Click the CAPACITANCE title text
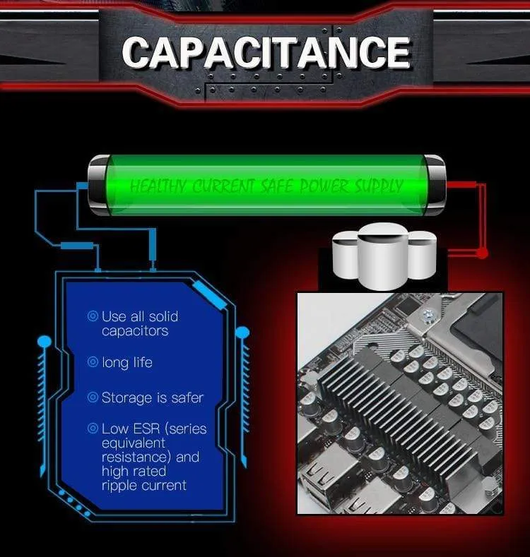coord(267,52)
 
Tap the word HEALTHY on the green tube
coord(157,186)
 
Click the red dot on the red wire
coord(482,253)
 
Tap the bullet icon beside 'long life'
coord(93,362)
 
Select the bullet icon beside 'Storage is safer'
coord(93,397)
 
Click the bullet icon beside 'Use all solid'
coord(93,316)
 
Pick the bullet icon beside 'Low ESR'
coord(93,428)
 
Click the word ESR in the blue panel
coord(146,429)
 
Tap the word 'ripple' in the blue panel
coord(119,486)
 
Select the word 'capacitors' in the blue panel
coord(135,331)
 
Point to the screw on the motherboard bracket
coord(428,314)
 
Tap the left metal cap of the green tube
coord(98,185)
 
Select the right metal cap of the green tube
coord(435,185)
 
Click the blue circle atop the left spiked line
coord(45,342)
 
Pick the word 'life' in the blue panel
coord(142,362)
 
